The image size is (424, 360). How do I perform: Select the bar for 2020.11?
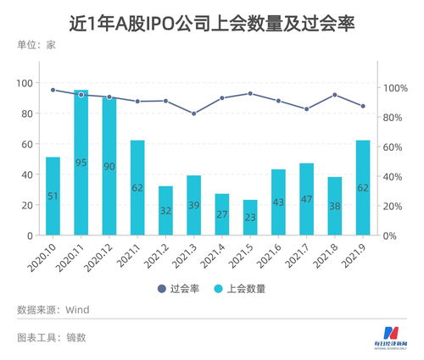coord(81,162)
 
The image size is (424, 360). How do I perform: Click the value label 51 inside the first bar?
coord(53,197)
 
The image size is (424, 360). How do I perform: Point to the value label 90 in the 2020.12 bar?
coord(109,166)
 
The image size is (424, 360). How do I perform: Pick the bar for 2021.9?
coord(363,187)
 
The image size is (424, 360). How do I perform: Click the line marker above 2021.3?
coord(193,114)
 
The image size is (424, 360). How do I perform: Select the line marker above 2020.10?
coord(53,90)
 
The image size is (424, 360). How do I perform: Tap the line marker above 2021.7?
coord(306,108)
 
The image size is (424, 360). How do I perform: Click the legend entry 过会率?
coord(182,288)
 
